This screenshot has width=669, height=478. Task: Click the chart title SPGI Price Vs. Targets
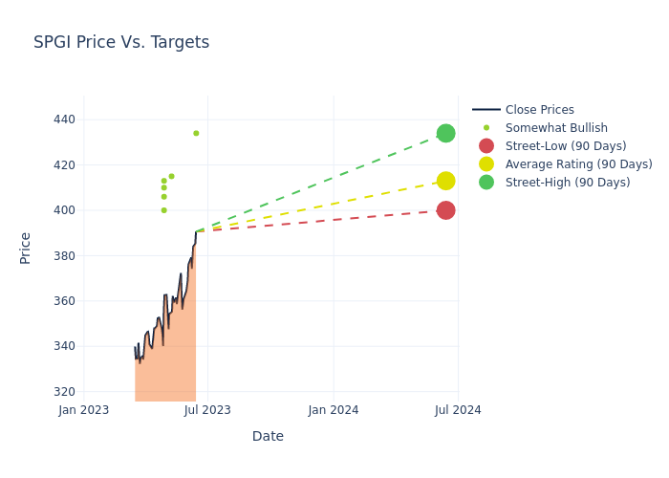point(121,42)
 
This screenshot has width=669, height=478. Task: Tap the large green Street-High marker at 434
point(445,133)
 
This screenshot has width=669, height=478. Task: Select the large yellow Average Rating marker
point(445,181)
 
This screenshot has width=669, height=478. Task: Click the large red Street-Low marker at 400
point(445,210)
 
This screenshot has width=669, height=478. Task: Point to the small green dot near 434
point(196,133)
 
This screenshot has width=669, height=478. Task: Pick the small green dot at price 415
point(171,176)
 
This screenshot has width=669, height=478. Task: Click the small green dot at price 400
point(163,210)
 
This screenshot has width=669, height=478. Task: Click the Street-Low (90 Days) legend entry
point(565,146)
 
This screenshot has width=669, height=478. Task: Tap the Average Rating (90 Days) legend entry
point(578,164)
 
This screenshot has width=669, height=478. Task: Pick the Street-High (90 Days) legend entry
point(567,183)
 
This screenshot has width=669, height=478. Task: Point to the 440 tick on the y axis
point(64,119)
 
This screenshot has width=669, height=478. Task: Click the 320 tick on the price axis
point(64,392)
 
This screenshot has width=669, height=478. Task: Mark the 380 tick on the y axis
point(64,255)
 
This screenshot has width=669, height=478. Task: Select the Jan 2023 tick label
point(84,410)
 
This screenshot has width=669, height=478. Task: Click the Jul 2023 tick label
point(208,410)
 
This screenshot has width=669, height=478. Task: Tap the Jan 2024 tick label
point(334,410)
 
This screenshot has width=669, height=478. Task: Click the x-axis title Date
point(268,436)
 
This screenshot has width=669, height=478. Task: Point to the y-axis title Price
point(26,248)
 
